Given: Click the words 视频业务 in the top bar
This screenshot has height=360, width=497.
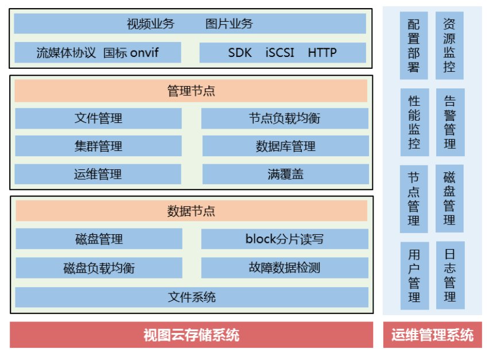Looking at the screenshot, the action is (x=150, y=24).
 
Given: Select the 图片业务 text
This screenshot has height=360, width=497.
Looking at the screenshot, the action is (x=229, y=24).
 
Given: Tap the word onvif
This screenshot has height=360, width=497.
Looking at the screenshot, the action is (x=144, y=53).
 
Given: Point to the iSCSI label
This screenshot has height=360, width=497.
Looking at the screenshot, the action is (x=280, y=53).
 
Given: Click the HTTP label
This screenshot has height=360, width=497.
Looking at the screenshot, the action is (x=322, y=53).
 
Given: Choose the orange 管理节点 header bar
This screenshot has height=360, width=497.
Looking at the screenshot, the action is (x=191, y=91).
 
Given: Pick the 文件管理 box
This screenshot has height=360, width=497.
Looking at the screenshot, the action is (x=98, y=118).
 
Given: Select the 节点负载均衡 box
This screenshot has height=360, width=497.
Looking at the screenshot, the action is (x=285, y=118).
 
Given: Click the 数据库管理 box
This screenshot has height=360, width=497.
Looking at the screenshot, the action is (x=286, y=146).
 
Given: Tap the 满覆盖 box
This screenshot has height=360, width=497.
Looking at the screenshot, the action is (x=286, y=174).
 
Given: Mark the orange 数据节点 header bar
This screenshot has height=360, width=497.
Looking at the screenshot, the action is (x=192, y=211).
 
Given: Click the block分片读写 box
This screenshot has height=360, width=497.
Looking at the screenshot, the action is (x=285, y=239).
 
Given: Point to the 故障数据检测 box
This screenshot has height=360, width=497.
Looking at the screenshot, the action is (x=285, y=268).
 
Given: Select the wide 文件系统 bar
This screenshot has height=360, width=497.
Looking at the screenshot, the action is (x=192, y=297).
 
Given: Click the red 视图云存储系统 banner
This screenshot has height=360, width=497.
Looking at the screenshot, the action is (x=192, y=335).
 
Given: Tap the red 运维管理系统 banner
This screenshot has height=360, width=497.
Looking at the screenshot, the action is (x=433, y=335).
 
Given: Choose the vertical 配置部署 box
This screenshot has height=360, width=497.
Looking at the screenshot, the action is (x=414, y=45).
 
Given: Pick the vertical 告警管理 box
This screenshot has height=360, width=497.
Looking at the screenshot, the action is (x=451, y=122).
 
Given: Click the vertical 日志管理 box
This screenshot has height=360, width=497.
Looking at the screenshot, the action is (x=451, y=276).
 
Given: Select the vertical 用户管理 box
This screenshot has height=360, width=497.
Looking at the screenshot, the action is (x=414, y=276).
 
